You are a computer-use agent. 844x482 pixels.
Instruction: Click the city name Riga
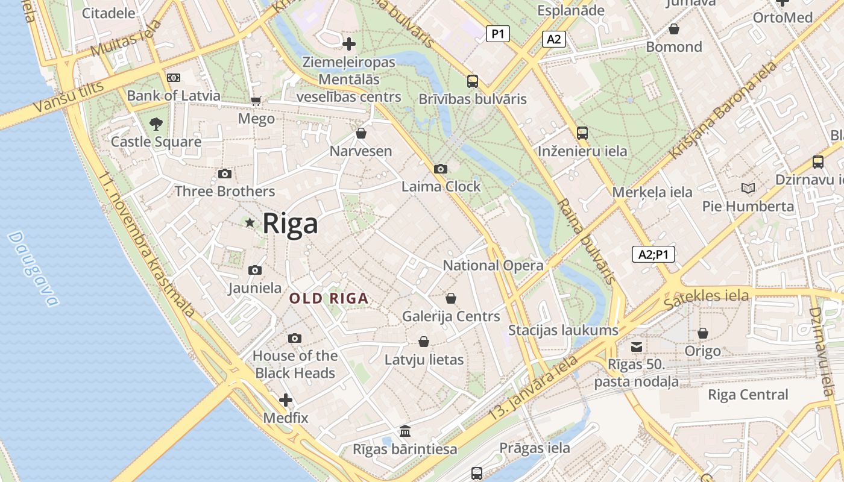point(290,224)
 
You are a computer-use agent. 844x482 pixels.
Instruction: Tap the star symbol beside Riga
point(250,222)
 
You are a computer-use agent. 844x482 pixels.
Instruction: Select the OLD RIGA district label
point(329,298)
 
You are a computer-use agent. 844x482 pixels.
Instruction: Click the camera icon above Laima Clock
point(441,169)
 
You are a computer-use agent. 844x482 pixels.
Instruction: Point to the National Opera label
point(493,265)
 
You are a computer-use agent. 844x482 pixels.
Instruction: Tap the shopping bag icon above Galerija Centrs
point(450,298)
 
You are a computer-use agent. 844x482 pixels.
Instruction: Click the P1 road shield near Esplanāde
point(497,34)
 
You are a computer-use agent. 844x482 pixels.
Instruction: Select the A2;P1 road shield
point(653,254)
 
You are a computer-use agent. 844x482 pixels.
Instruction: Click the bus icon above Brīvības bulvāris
point(473,81)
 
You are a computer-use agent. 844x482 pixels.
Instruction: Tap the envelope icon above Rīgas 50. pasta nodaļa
point(637,346)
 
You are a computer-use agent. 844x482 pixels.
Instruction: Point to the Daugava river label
point(34,269)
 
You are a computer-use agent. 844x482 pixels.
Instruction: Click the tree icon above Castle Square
point(156,124)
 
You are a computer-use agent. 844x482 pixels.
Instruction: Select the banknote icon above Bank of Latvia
point(174,78)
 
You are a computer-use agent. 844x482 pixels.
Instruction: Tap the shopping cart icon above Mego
point(256,101)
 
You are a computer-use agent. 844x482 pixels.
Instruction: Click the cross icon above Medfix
point(286,400)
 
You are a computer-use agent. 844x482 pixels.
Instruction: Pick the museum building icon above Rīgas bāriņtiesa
point(405,431)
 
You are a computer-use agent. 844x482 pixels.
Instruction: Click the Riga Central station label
point(748,395)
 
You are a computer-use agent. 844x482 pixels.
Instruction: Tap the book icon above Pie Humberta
point(748,189)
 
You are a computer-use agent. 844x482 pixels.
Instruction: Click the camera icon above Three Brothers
point(225,174)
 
